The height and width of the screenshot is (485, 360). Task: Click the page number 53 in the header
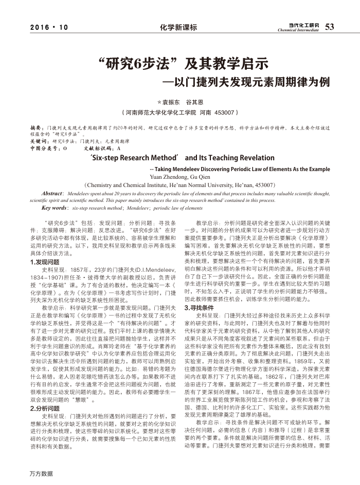330,27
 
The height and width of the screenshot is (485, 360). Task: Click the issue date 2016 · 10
49,27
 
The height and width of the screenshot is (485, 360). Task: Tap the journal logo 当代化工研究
303,25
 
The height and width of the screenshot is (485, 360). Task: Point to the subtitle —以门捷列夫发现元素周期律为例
246,82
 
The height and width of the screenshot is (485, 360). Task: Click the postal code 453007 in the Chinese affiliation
224,112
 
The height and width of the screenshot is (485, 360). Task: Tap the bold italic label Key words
55,208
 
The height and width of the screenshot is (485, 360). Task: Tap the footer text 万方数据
41,473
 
